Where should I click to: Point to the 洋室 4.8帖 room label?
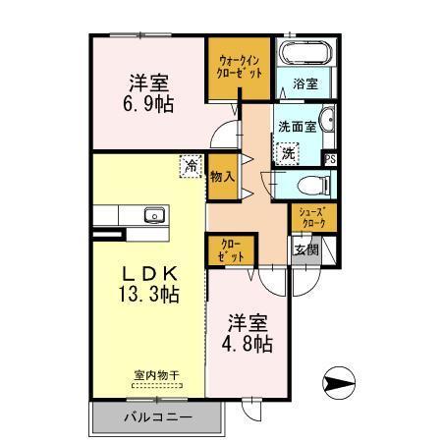[249, 333]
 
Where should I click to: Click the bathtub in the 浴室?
[306, 55]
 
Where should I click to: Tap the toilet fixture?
[306, 183]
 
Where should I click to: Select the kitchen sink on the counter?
[152, 215]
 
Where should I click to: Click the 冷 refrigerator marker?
[190, 166]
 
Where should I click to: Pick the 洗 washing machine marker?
[288, 153]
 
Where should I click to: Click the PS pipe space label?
[331, 158]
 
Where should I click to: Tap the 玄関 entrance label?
[305, 249]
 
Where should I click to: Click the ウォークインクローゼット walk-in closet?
[236, 69]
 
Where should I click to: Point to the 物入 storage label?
[222, 176]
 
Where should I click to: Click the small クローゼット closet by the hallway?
[230, 249]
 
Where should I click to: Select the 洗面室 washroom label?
[297, 127]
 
